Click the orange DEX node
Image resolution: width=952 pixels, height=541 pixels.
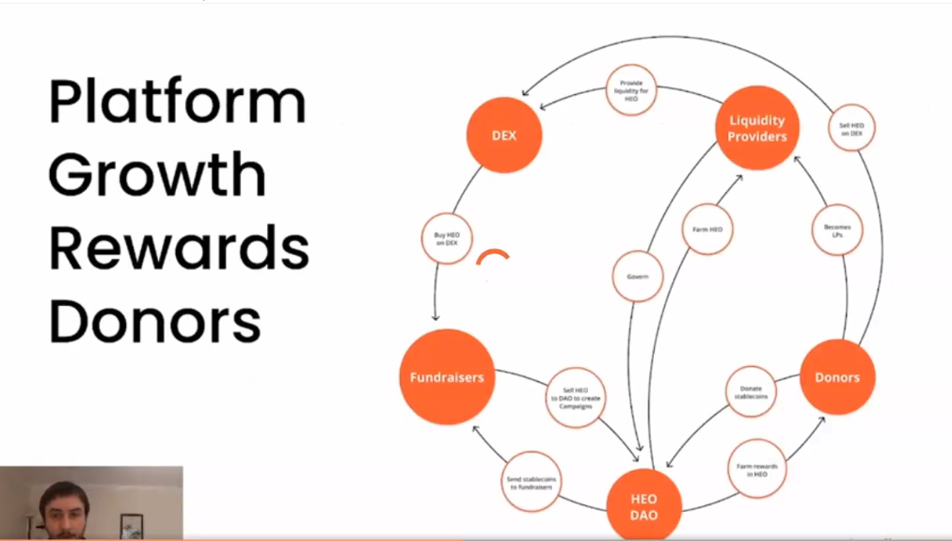[504, 135]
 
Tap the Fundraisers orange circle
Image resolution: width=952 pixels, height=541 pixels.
[447, 377]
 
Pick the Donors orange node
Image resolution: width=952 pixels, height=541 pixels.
[837, 377]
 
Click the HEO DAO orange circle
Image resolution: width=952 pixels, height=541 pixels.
[644, 506]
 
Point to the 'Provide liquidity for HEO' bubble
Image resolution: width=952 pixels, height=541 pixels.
[631, 90]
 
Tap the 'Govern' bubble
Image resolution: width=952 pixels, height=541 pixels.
[637, 277]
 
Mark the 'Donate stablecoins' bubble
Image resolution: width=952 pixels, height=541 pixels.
[751, 392]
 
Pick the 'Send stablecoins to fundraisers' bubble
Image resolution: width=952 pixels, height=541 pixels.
[529, 482]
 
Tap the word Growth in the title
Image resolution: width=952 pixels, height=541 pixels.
[157, 175]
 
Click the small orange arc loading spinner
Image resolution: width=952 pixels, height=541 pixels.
[494, 261]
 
